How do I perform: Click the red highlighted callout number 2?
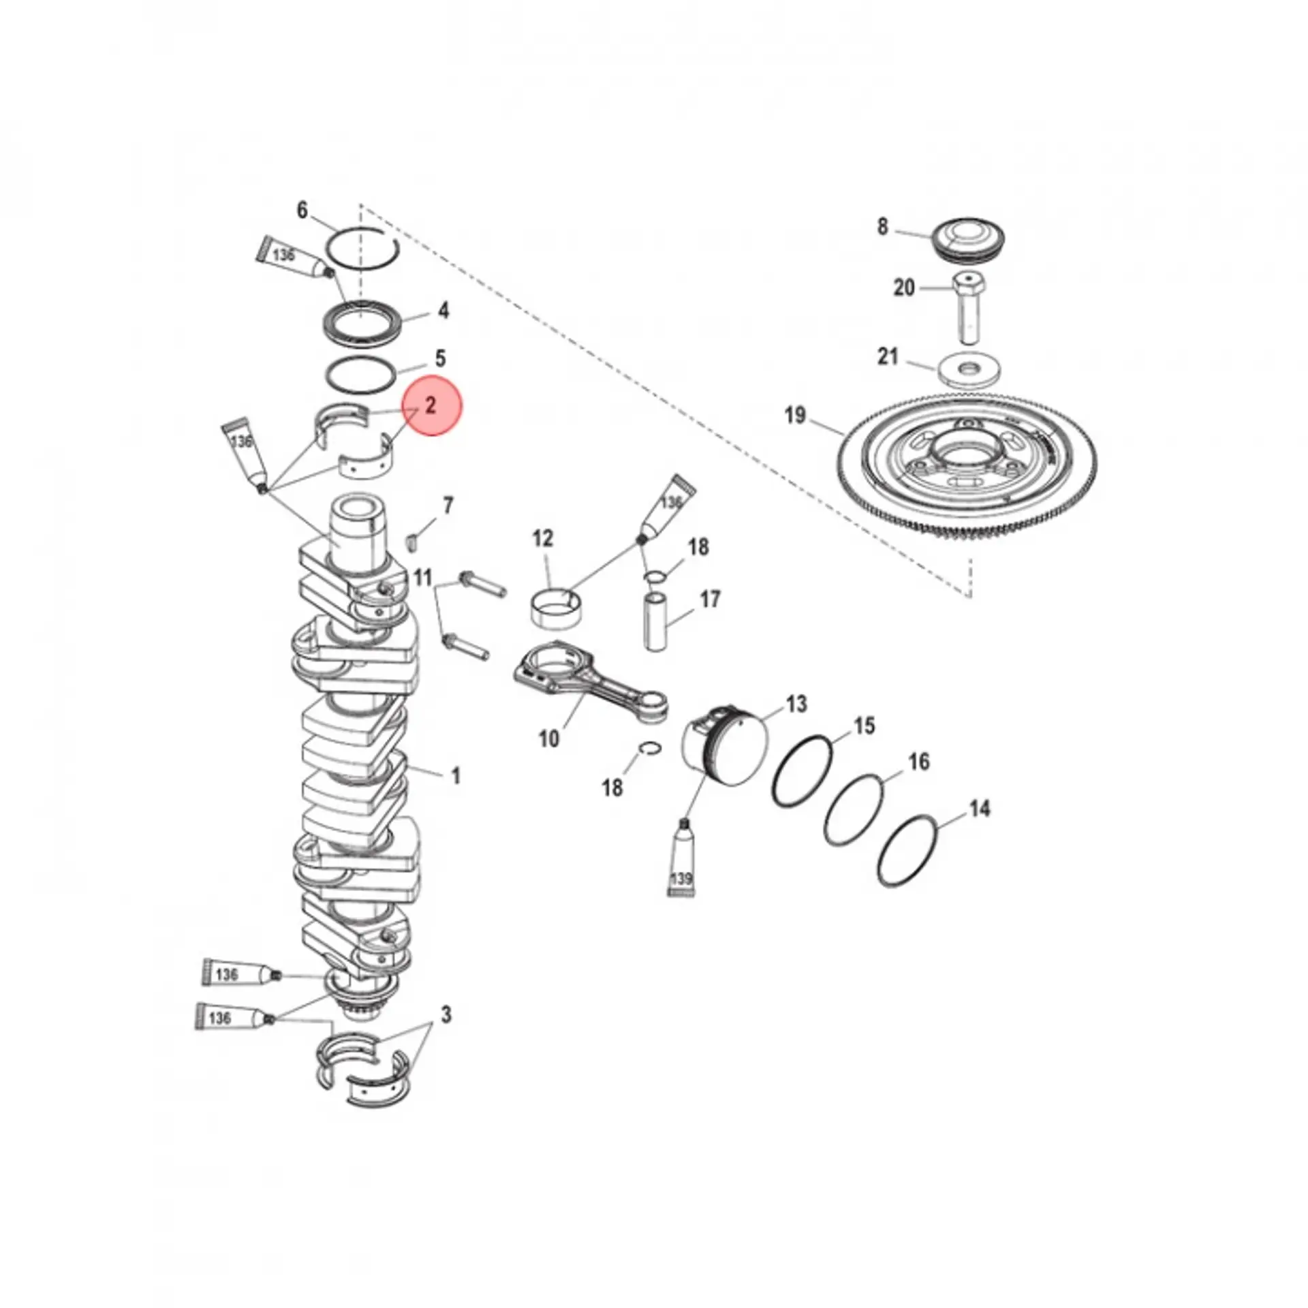pyautogui.click(x=431, y=406)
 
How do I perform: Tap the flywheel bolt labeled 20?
pyautogui.click(x=967, y=308)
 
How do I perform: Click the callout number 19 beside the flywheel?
pyautogui.click(x=795, y=416)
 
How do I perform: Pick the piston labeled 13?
pyautogui.click(x=725, y=749)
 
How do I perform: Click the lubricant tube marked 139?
pyautogui.click(x=681, y=859)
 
